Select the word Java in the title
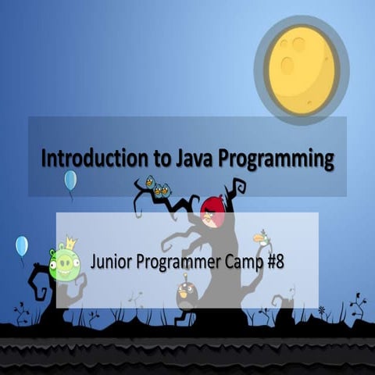195,160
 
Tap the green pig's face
65,264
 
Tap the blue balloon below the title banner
70,180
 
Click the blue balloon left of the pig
21,246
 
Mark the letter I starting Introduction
44,160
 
